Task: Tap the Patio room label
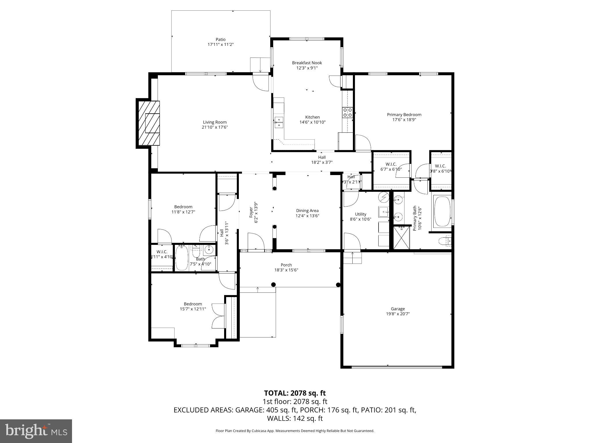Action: (220, 40)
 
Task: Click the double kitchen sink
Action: (279, 122)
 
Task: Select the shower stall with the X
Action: (402, 237)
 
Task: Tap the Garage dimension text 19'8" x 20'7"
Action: (398, 314)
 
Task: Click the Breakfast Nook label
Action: (307, 63)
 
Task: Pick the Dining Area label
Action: (307, 211)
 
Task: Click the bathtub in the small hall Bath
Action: (182, 258)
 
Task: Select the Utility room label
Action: (360, 214)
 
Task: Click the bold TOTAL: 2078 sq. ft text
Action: (295, 393)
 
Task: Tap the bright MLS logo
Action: (36, 431)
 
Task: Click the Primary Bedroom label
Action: (404, 115)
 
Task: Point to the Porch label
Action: (286, 265)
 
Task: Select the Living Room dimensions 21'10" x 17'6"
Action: (215, 127)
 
